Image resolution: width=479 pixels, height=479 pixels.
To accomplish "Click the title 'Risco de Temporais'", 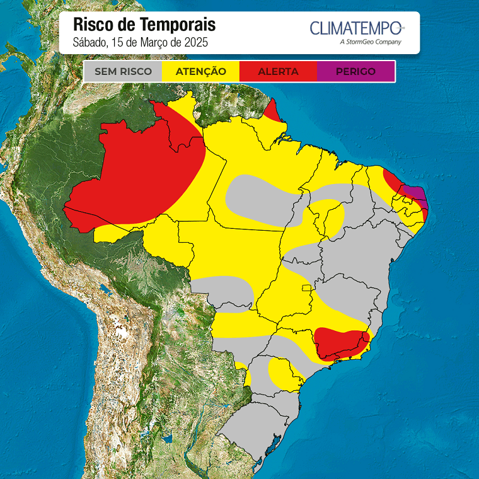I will click(x=144, y=25).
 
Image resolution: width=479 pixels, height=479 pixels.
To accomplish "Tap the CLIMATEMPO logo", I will click(x=356, y=28).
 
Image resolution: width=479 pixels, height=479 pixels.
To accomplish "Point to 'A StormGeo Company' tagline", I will click(x=370, y=42).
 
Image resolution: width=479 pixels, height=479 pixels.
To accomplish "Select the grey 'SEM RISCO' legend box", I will click(x=123, y=71).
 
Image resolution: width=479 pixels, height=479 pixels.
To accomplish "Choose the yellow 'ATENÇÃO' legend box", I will click(x=200, y=71).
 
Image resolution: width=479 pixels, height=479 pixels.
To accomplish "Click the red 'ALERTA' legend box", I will click(x=278, y=71).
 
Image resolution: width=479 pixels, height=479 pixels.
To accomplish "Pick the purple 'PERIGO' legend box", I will click(x=355, y=71).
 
